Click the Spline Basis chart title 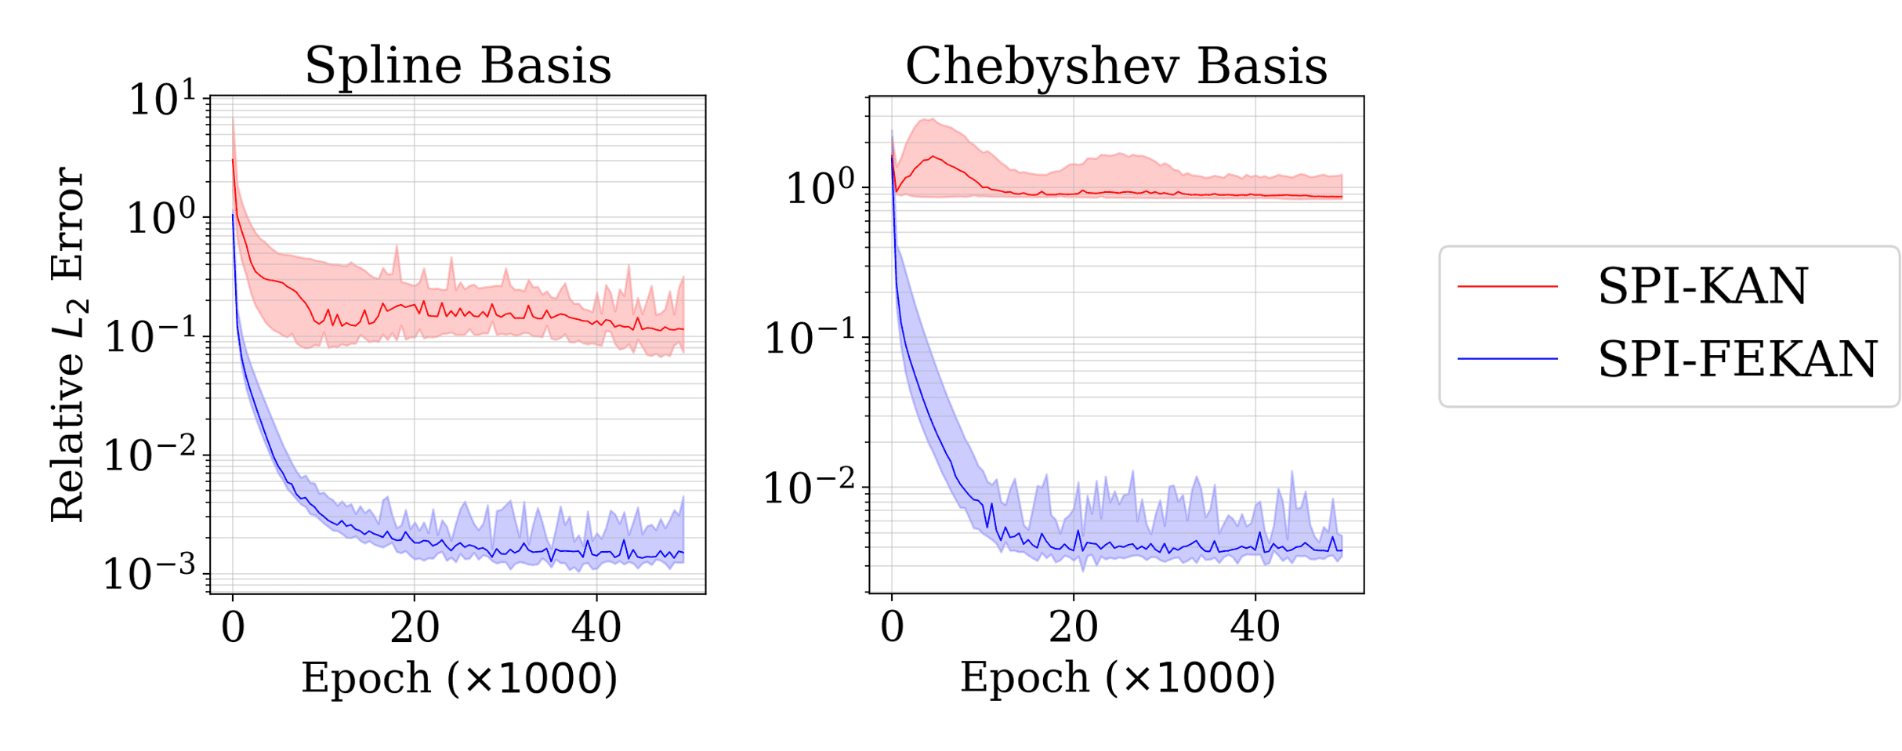[458, 65]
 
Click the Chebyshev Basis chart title [1116, 65]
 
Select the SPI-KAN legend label [1702, 286]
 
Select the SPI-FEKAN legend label [1737, 359]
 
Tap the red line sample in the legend [1507, 287]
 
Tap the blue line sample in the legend [1507, 359]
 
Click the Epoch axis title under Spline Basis [459, 678]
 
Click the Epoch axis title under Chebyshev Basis [1118, 678]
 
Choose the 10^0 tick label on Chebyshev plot [820, 188]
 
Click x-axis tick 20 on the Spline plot [415, 628]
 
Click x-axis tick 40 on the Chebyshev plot [1255, 628]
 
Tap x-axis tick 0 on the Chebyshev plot [892, 628]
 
